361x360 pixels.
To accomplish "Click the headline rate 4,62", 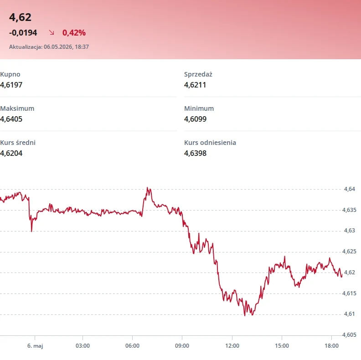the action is (x=20, y=17).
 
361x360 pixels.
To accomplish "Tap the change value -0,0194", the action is (x=23, y=33).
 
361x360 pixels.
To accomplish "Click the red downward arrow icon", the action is (x=52, y=32).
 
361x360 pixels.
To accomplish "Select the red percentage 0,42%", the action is (x=74, y=33).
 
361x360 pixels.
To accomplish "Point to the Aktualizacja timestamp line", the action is (x=49, y=47).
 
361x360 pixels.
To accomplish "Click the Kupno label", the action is (x=10, y=74).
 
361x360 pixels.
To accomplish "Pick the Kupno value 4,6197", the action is (x=11, y=85).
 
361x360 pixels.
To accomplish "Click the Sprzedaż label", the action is (x=198, y=74).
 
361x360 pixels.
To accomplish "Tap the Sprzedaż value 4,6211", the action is (x=195, y=85).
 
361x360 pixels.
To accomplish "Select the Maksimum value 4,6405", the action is (x=11, y=119).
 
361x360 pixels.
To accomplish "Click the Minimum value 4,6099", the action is (x=195, y=119).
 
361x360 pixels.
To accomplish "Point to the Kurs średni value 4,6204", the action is (x=11, y=153).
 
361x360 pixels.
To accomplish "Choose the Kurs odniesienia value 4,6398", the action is (x=195, y=153).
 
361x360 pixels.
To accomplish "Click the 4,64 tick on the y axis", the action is (x=350, y=189).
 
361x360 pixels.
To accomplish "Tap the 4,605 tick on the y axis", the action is (x=349, y=334).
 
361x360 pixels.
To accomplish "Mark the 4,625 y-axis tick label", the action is (x=349, y=252).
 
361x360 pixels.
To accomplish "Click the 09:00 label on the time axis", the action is (x=182, y=346).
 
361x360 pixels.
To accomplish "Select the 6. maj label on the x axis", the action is (x=35, y=346).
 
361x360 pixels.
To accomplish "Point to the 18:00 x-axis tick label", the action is (x=331, y=346).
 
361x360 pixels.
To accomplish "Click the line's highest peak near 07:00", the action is (x=148, y=188).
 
